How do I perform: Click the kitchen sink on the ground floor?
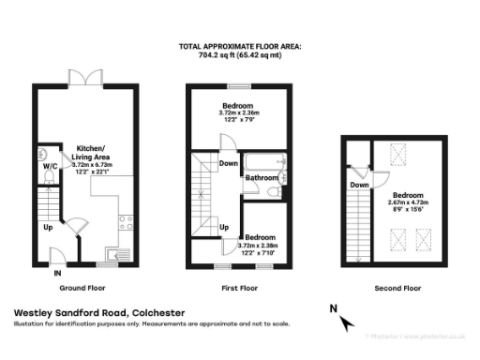(x=115, y=251)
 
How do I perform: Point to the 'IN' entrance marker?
(x=57, y=273)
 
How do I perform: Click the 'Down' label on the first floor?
(x=229, y=162)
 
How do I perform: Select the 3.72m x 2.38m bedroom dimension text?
(x=261, y=246)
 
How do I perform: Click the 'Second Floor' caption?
(x=397, y=289)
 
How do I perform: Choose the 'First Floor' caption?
(x=239, y=289)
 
